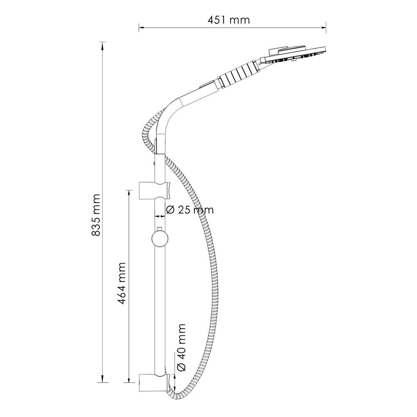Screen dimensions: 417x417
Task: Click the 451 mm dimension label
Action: (x=229, y=20)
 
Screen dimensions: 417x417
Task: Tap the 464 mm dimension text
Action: (x=121, y=283)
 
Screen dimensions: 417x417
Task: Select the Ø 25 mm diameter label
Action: (x=190, y=210)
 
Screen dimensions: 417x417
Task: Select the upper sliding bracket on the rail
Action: (x=154, y=191)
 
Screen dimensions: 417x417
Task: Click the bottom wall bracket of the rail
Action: (x=154, y=382)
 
